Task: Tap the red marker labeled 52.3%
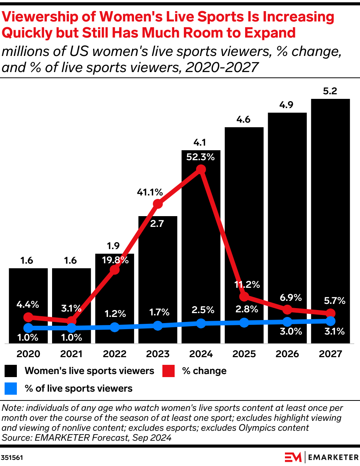tap(201, 169)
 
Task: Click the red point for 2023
tap(158, 204)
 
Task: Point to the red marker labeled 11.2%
tap(244, 297)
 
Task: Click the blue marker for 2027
tap(331, 321)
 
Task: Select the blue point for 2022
tap(115, 327)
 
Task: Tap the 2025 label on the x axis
tap(244, 354)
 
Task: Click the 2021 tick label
tap(72, 354)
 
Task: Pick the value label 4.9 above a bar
tap(287, 105)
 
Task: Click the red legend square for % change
tap(169, 371)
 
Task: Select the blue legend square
tap(11, 389)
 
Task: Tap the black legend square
tap(11, 371)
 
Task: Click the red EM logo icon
tap(293, 457)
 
